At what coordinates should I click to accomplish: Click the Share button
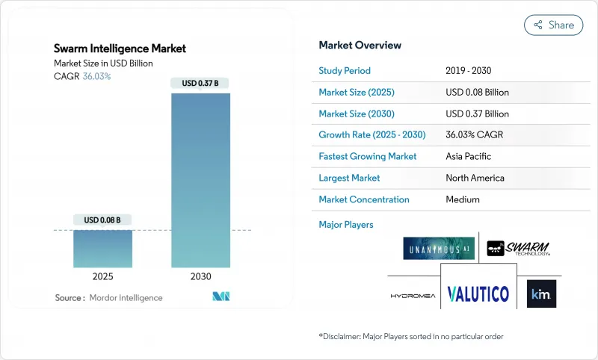click(554, 25)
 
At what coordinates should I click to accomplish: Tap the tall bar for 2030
click(200, 179)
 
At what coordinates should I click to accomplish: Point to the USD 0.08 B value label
click(102, 220)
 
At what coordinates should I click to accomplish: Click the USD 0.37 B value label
click(200, 83)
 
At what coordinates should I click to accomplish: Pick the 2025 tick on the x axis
click(102, 276)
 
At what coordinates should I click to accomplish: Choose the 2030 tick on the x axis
click(200, 276)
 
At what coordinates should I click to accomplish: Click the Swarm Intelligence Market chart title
click(120, 49)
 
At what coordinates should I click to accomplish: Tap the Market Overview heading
click(360, 45)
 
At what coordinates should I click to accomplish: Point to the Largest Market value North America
click(475, 178)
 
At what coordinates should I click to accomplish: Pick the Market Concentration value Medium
click(463, 199)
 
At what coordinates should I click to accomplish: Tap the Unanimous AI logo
click(439, 248)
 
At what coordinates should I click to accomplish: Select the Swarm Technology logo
click(519, 248)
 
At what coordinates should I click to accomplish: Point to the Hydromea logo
click(412, 295)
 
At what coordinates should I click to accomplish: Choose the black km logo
click(540, 294)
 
